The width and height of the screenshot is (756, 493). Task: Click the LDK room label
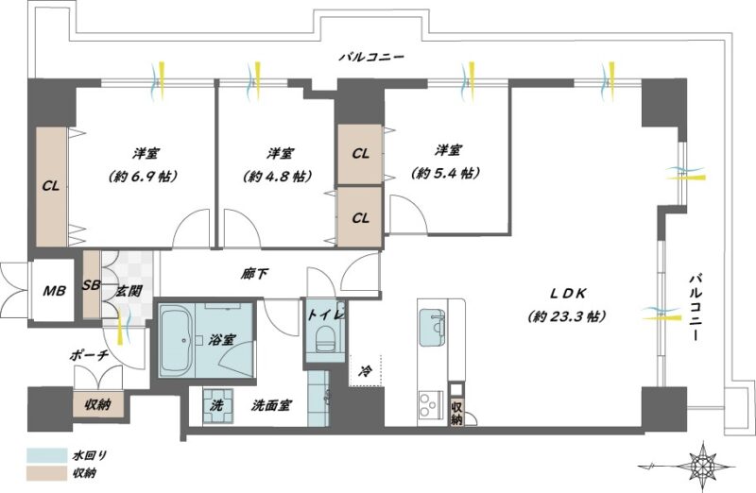pyautogui.click(x=568, y=293)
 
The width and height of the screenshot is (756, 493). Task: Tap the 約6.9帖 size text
pyautogui.click(x=144, y=176)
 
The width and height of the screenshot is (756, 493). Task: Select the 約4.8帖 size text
pyautogui.click(x=277, y=176)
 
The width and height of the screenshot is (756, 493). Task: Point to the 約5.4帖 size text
pyautogui.click(x=445, y=173)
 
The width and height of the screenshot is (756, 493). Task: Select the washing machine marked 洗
pyautogui.click(x=217, y=406)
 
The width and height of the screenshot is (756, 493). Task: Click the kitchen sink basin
pyautogui.click(x=432, y=327)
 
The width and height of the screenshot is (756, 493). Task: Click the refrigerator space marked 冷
pyautogui.click(x=366, y=370)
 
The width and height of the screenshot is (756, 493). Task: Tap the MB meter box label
pyautogui.click(x=54, y=291)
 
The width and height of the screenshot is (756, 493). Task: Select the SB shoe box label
pyautogui.click(x=91, y=285)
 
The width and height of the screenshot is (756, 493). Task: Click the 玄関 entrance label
pyautogui.click(x=129, y=291)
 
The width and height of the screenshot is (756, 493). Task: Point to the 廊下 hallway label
pyautogui.click(x=254, y=274)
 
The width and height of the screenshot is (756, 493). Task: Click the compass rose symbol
pyautogui.click(x=701, y=466)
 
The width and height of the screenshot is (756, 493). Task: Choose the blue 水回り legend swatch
pyautogui.click(x=46, y=455)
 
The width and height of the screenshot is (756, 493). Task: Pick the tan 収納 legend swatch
pyautogui.click(x=46, y=473)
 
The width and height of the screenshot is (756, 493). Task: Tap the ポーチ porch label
pyautogui.click(x=89, y=356)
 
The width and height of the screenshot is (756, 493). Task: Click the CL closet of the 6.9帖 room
pyautogui.click(x=52, y=186)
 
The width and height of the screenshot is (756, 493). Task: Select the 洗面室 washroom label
pyautogui.click(x=271, y=406)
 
